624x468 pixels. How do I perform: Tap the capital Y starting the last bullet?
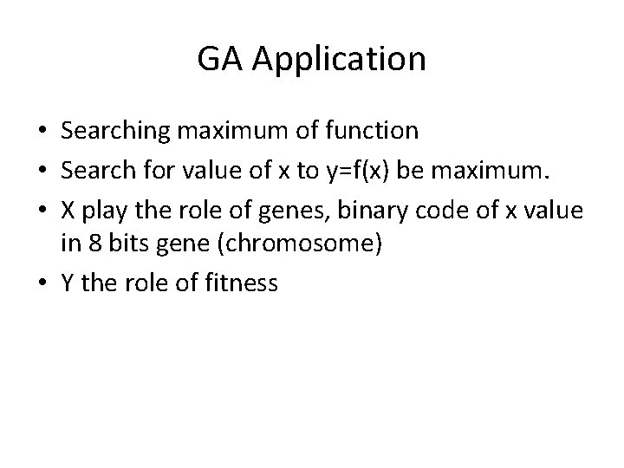coord(67,282)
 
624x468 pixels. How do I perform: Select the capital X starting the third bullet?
coord(68,207)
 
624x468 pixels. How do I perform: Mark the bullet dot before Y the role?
coord(42,283)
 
